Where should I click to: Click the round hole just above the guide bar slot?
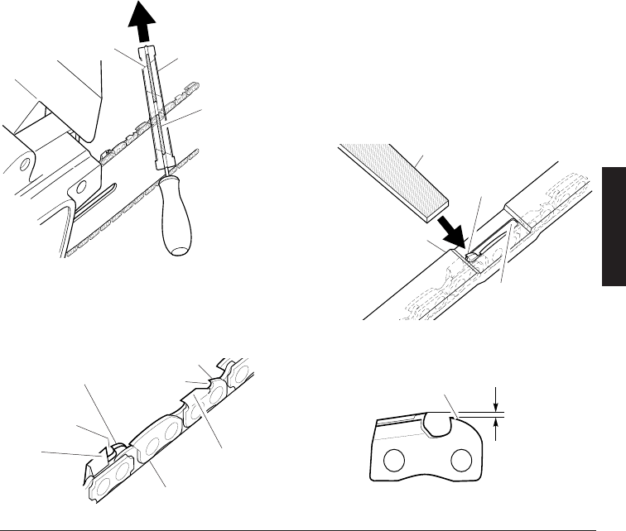point(80,184)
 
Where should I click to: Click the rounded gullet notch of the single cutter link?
point(436,425)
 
